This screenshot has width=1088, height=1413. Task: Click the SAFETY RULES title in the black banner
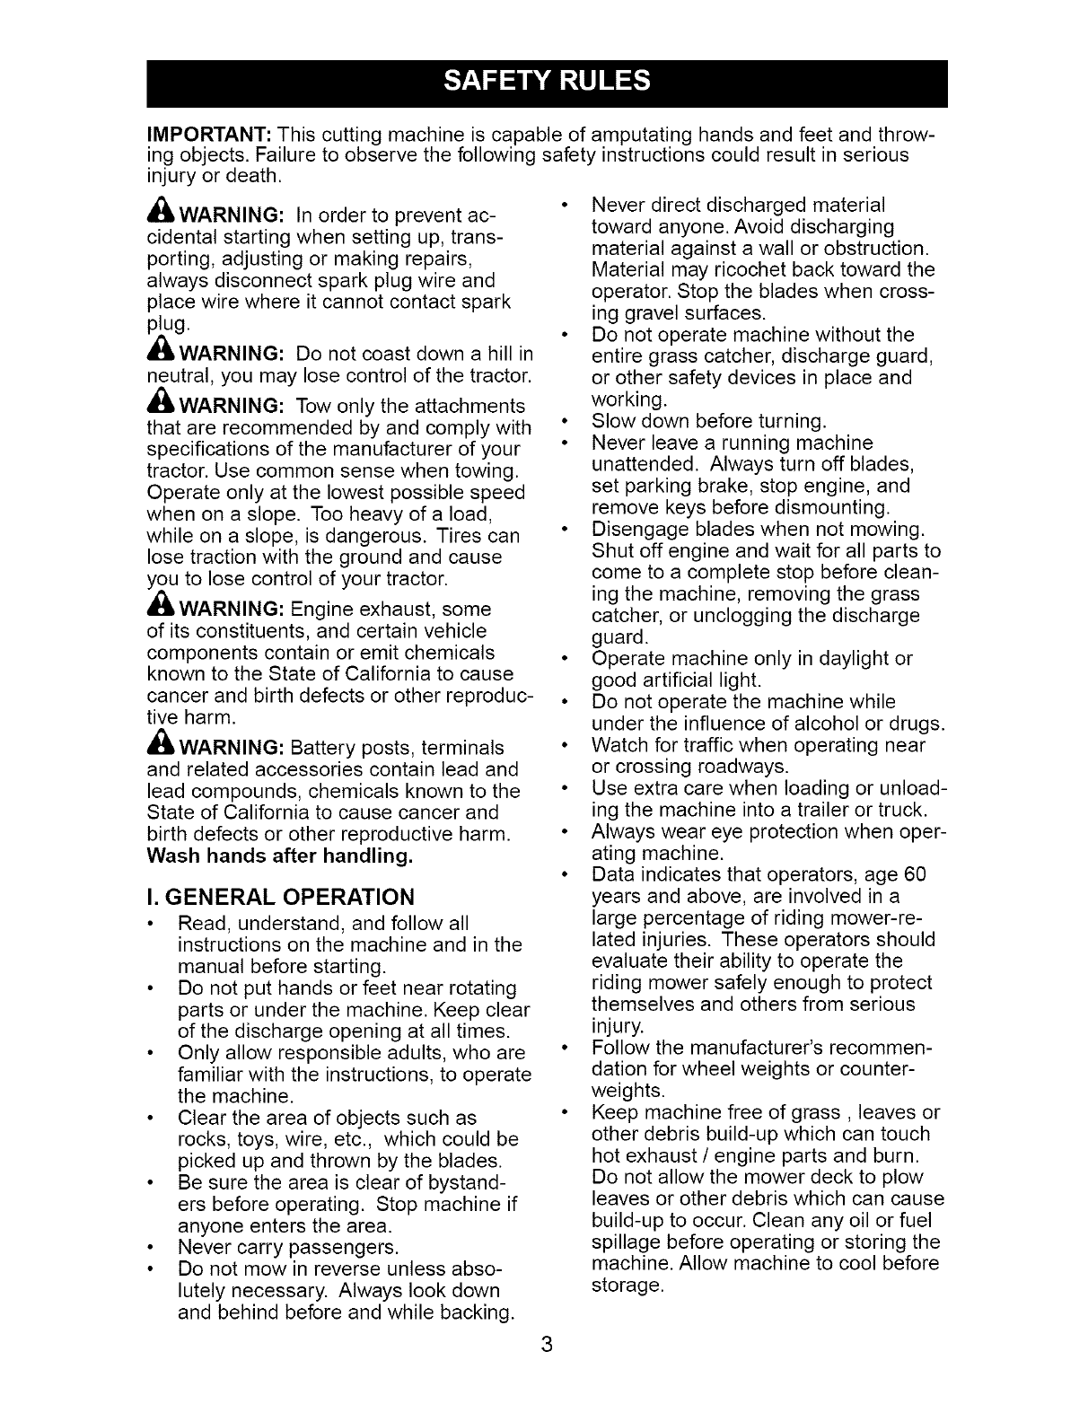[x=547, y=82]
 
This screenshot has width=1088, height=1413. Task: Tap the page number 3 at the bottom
[x=546, y=1345]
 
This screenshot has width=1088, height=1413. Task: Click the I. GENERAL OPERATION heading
[x=280, y=897]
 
